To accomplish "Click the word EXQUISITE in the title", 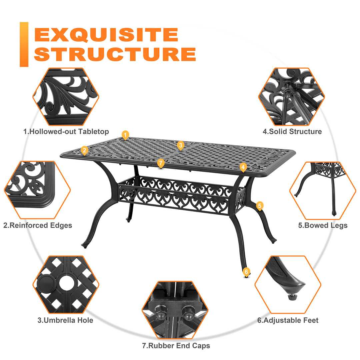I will [106, 35].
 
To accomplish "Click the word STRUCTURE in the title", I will [115, 54].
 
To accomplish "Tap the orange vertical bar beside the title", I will [24, 44].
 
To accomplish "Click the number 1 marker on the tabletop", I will [125, 135].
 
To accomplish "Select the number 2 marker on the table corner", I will [84, 150].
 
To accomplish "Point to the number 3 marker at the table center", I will [180, 145].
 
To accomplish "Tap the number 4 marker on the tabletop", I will [243, 167].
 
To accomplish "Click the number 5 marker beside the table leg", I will [260, 206].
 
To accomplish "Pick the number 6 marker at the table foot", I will [246, 272].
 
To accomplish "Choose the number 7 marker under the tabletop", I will [161, 163].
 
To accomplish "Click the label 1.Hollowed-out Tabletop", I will [66, 132].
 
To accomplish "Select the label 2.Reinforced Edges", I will [38, 225].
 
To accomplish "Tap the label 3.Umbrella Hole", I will [65, 320].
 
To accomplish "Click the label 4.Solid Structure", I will [292, 132].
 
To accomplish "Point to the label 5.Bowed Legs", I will [323, 225].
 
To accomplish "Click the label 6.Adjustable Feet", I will [288, 320].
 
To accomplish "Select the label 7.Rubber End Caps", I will [176, 346].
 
